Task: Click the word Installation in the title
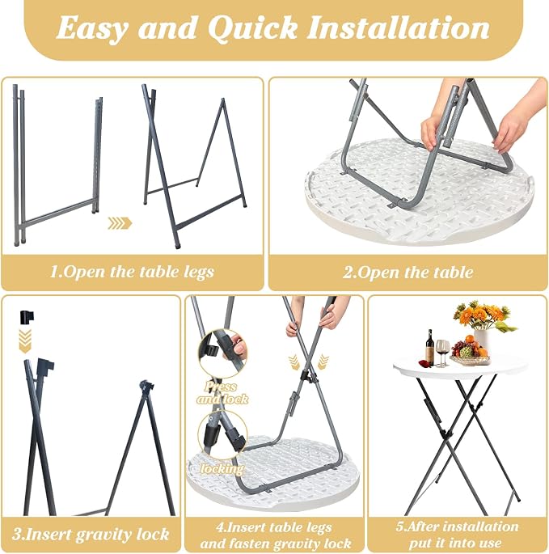tap(399, 27)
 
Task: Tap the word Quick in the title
tap(252, 28)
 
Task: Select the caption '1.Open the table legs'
tap(132, 272)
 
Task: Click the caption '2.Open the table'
tap(408, 273)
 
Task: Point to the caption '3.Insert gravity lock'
tap(91, 534)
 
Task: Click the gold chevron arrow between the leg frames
tap(120, 223)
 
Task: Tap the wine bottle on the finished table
tap(429, 347)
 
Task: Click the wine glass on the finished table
tap(442, 353)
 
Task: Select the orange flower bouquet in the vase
tap(483, 316)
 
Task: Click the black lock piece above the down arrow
tap(27, 317)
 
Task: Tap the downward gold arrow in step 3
tap(25, 341)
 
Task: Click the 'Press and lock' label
tap(222, 392)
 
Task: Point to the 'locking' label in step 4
tap(222, 468)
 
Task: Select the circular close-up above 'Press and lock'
tap(222, 354)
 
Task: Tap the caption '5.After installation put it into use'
tap(457, 535)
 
